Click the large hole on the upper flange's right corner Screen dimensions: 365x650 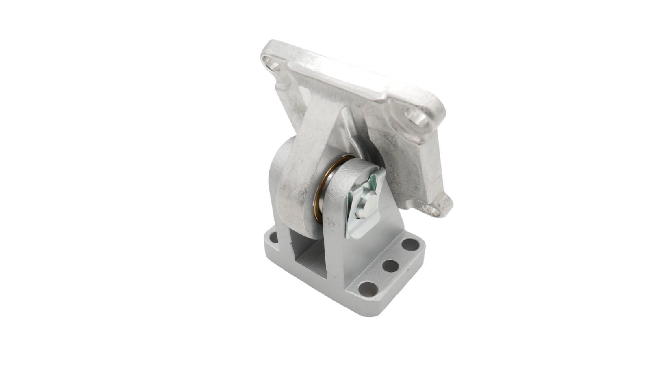pyautogui.click(x=416, y=117)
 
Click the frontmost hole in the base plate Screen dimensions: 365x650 pyautogui.click(x=368, y=289)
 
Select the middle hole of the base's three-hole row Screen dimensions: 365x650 pyautogui.click(x=390, y=266)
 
